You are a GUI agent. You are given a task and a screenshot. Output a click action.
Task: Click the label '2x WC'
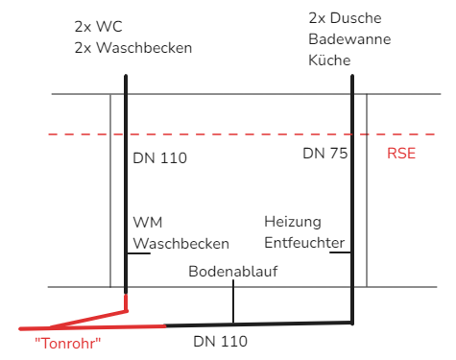(98, 27)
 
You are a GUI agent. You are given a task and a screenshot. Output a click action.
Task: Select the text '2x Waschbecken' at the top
(133, 48)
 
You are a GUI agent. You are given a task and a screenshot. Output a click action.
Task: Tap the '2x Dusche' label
(345, 18)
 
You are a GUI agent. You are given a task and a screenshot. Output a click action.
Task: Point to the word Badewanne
(349, 39)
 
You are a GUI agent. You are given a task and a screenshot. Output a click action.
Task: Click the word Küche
(329, 60)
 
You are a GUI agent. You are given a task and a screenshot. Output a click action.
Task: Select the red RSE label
(401, 154)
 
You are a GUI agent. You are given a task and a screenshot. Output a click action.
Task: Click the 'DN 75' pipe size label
(325, 154)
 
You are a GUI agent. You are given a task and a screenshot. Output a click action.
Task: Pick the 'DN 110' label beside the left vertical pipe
(160, 158)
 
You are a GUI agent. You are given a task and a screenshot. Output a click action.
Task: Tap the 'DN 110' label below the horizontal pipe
(221, 342)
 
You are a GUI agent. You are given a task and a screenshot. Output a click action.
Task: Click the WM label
(148, 223)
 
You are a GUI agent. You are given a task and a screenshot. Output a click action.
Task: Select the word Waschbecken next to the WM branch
(181, 244)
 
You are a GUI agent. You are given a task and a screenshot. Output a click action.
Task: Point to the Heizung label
(293, 222)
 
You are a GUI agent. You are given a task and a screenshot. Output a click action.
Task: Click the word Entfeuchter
(304, 243)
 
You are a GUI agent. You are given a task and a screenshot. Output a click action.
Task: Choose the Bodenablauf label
(233, 272)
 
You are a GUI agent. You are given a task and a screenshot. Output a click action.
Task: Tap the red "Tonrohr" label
(68, 344)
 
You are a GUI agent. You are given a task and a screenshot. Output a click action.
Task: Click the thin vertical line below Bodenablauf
(233, 301)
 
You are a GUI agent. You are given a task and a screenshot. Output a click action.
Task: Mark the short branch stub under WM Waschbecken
(138, 253)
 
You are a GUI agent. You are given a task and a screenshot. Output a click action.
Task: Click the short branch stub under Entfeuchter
(340, 252)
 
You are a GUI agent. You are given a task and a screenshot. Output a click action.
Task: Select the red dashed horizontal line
(242, 134)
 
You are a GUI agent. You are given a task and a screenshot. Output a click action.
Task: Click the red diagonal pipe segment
(88, 320)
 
